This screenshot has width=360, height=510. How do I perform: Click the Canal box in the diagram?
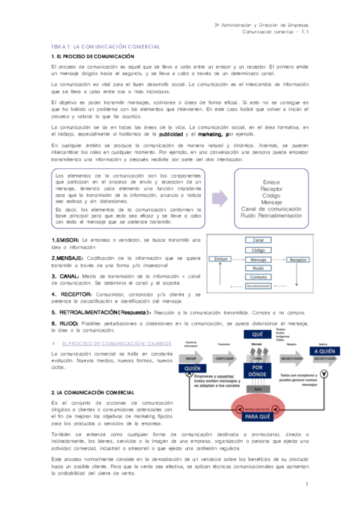(258, 240)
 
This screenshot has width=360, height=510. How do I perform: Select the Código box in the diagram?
(258, 250)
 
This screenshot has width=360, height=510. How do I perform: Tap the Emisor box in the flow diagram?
(219, 259)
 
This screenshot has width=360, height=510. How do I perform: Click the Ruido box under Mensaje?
(258, 268)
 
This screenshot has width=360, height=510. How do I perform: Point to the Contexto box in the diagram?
(258, 277)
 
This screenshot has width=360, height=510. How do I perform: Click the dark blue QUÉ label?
(258, 334)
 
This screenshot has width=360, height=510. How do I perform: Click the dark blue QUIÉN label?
(192, 368)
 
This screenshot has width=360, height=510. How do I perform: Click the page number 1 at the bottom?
(306, 484)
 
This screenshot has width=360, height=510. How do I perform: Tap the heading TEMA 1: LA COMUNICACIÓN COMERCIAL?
(106, 46)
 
